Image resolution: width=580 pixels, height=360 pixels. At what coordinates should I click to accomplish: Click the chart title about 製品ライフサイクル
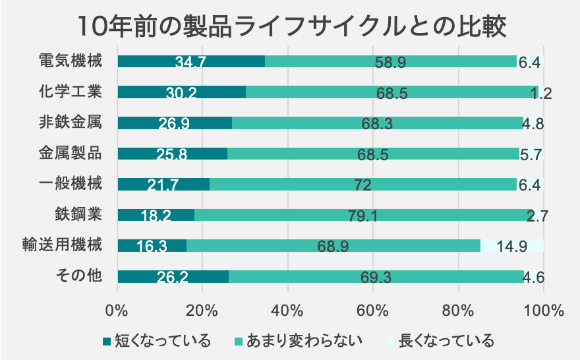(x=290, y=26)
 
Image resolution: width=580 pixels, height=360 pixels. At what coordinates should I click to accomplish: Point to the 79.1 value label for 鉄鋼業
(x=363, y=216)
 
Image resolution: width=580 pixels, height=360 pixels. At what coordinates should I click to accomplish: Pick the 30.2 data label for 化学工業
(x=181, y=93)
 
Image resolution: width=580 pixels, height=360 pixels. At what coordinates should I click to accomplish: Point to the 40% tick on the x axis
(x=287, y=309)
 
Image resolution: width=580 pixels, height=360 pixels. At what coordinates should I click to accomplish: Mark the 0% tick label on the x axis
(x=117, y=309)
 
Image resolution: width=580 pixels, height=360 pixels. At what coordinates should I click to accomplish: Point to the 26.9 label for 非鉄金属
(x=175, y=123)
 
